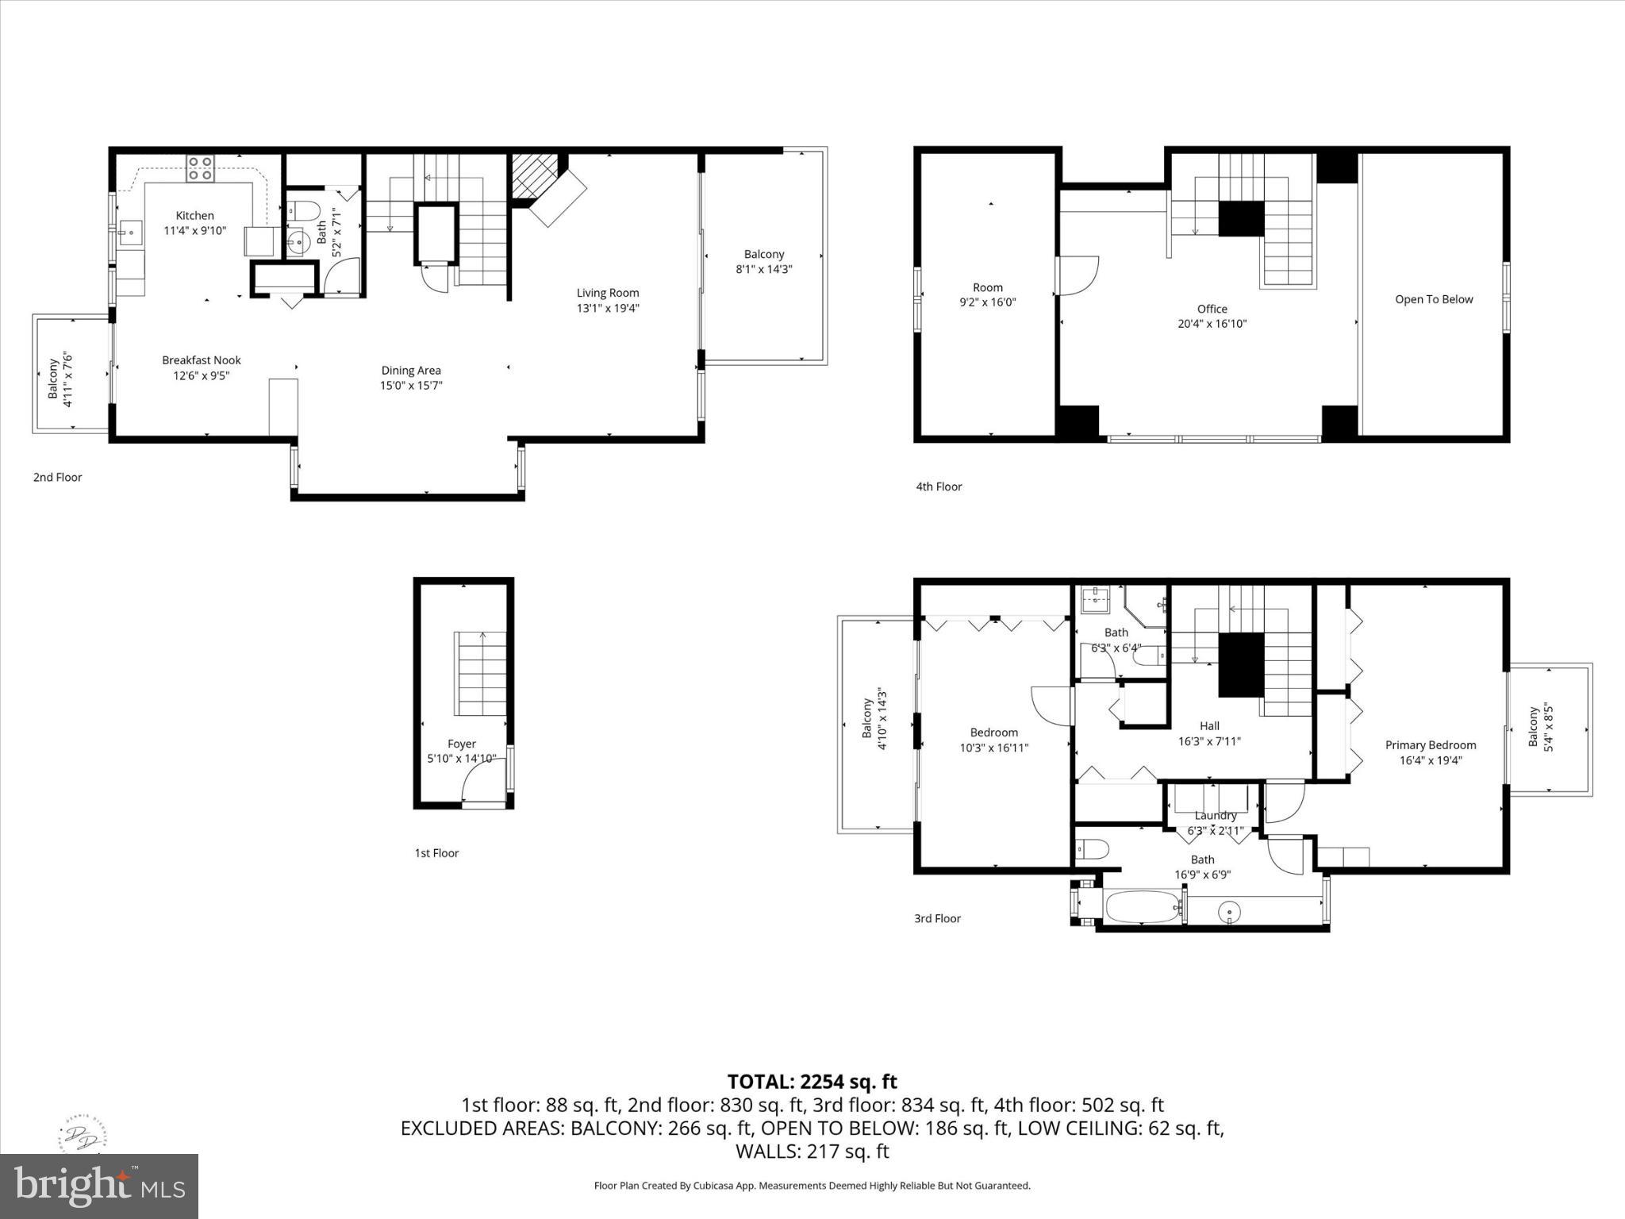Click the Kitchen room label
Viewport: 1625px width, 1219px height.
click(x=194, y=216)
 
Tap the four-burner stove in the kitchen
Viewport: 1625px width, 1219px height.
click(x=201, y=168)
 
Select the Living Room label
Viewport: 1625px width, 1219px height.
click(x=607, y=293)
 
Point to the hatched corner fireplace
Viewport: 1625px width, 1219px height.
click(x=532, y=175)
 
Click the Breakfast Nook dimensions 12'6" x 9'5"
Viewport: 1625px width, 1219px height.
click(x=202, y=375)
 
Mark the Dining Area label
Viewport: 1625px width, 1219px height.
click(x=410, y=371)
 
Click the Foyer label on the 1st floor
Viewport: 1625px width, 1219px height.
click(x=461, y=744)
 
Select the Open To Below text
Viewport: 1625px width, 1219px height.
click(x=1433, y=299)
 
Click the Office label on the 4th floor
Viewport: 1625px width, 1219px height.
click(x=1212, y=309)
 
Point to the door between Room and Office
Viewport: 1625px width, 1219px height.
click(x=1078, y=275)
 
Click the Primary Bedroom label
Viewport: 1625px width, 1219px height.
click(x=1430, y=744)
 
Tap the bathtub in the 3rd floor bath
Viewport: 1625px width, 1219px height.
click(x=1142, y=906)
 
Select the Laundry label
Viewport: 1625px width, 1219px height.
click(x=1215, y=815)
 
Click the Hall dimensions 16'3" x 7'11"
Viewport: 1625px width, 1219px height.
click(x=1208, y=741)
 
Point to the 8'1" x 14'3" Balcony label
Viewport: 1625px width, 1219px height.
click(x=763, y=261)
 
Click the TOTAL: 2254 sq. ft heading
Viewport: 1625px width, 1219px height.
click(x=812, y=1082)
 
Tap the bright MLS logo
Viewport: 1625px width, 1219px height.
click(x=99, y=1186)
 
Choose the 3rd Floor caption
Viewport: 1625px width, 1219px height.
click(x=937, y=918)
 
